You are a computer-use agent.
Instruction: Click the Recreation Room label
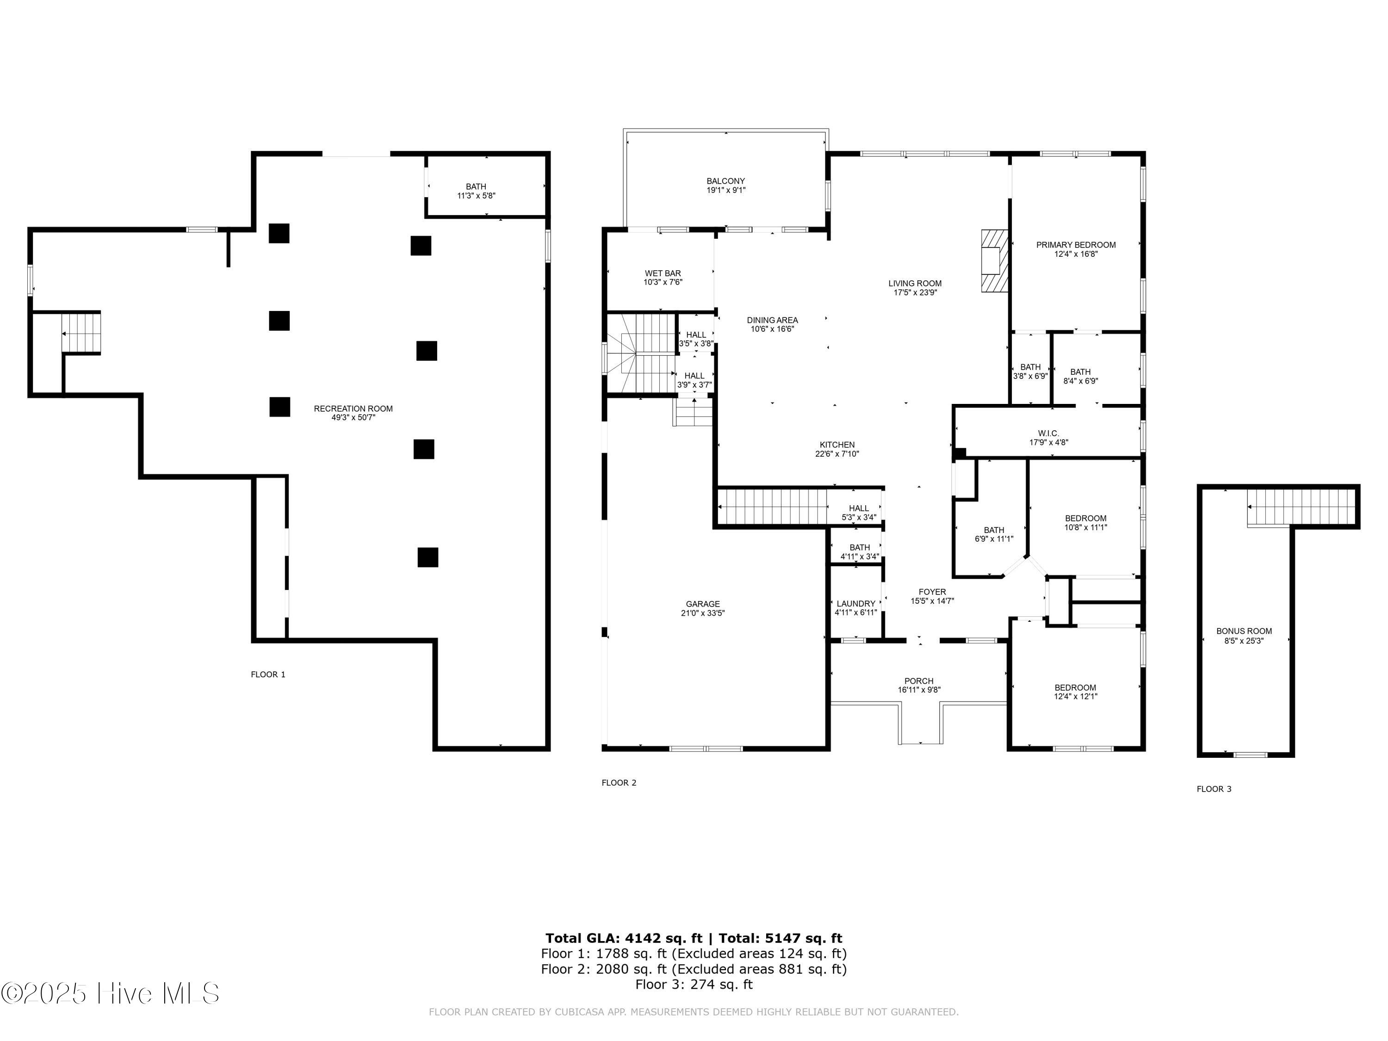point(353,409)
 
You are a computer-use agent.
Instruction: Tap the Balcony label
point(725,181)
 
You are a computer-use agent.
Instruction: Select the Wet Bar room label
point(663,273)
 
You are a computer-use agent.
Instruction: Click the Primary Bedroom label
point(1076,245)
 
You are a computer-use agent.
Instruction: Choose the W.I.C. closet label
point(1048,434)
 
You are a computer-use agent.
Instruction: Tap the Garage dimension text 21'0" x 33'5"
point(703,613)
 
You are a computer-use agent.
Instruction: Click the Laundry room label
point(855,604)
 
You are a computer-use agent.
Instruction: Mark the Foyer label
point(932,592)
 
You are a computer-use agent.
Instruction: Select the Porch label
point(919,681)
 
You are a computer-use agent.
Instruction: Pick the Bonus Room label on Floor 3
point(1244,631)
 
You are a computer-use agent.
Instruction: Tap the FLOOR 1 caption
point(268,675)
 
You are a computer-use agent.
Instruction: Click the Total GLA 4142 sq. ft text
point(624,938)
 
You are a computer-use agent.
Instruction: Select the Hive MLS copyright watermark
point(111,993)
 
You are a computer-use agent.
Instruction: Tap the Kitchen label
point(837,445)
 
